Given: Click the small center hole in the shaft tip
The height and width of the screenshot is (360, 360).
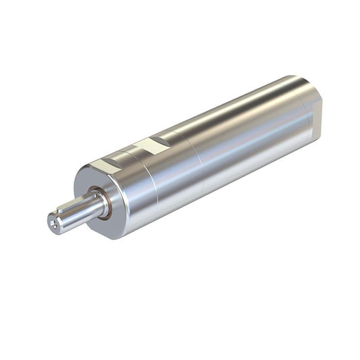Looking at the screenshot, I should pyautogui.click(x=53, y=222).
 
